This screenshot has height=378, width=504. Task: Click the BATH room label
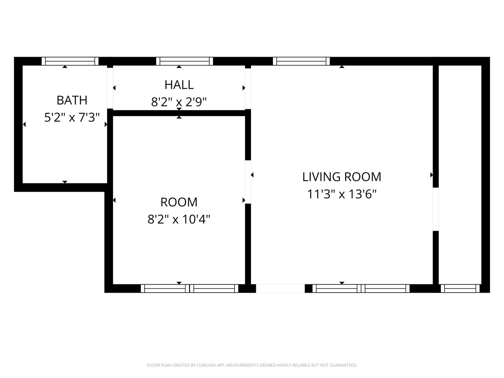click(x=72, y=100)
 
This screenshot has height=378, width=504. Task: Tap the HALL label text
click(x=179, y=85)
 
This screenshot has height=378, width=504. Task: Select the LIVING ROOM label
click(x=342, y=177)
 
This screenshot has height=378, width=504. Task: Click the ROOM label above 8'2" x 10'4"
click(x=179, y=202)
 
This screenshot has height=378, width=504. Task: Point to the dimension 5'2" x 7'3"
click(x=72, y=117)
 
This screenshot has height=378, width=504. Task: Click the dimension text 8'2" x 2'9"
click(x=179, y=102)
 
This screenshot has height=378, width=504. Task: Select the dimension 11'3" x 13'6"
click(x=342, y=194)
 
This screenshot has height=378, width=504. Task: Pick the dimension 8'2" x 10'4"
click(x=179, y=219)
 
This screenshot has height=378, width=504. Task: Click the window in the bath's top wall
click(x=70, y=61)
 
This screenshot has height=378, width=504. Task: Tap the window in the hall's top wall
click(x=184, y=61)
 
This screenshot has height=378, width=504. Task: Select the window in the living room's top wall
click(x=301, y=61)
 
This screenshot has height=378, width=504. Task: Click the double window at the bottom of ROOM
click(x=189, y=288)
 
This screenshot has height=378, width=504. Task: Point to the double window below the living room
click(x=361, y=288)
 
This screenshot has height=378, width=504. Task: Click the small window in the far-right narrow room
click(x=460, y=288)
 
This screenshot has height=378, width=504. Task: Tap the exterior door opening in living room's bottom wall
click(x=280, y=288)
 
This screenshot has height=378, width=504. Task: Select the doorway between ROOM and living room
click(x=248, y=182)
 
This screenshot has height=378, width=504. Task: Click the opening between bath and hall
click(x=110, y=88)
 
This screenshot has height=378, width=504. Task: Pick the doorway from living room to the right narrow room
click(x=436, y=209)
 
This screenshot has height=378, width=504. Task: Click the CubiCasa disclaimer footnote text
click(x=252, y=365)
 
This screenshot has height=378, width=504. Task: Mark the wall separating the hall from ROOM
click(x=179, y=113)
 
